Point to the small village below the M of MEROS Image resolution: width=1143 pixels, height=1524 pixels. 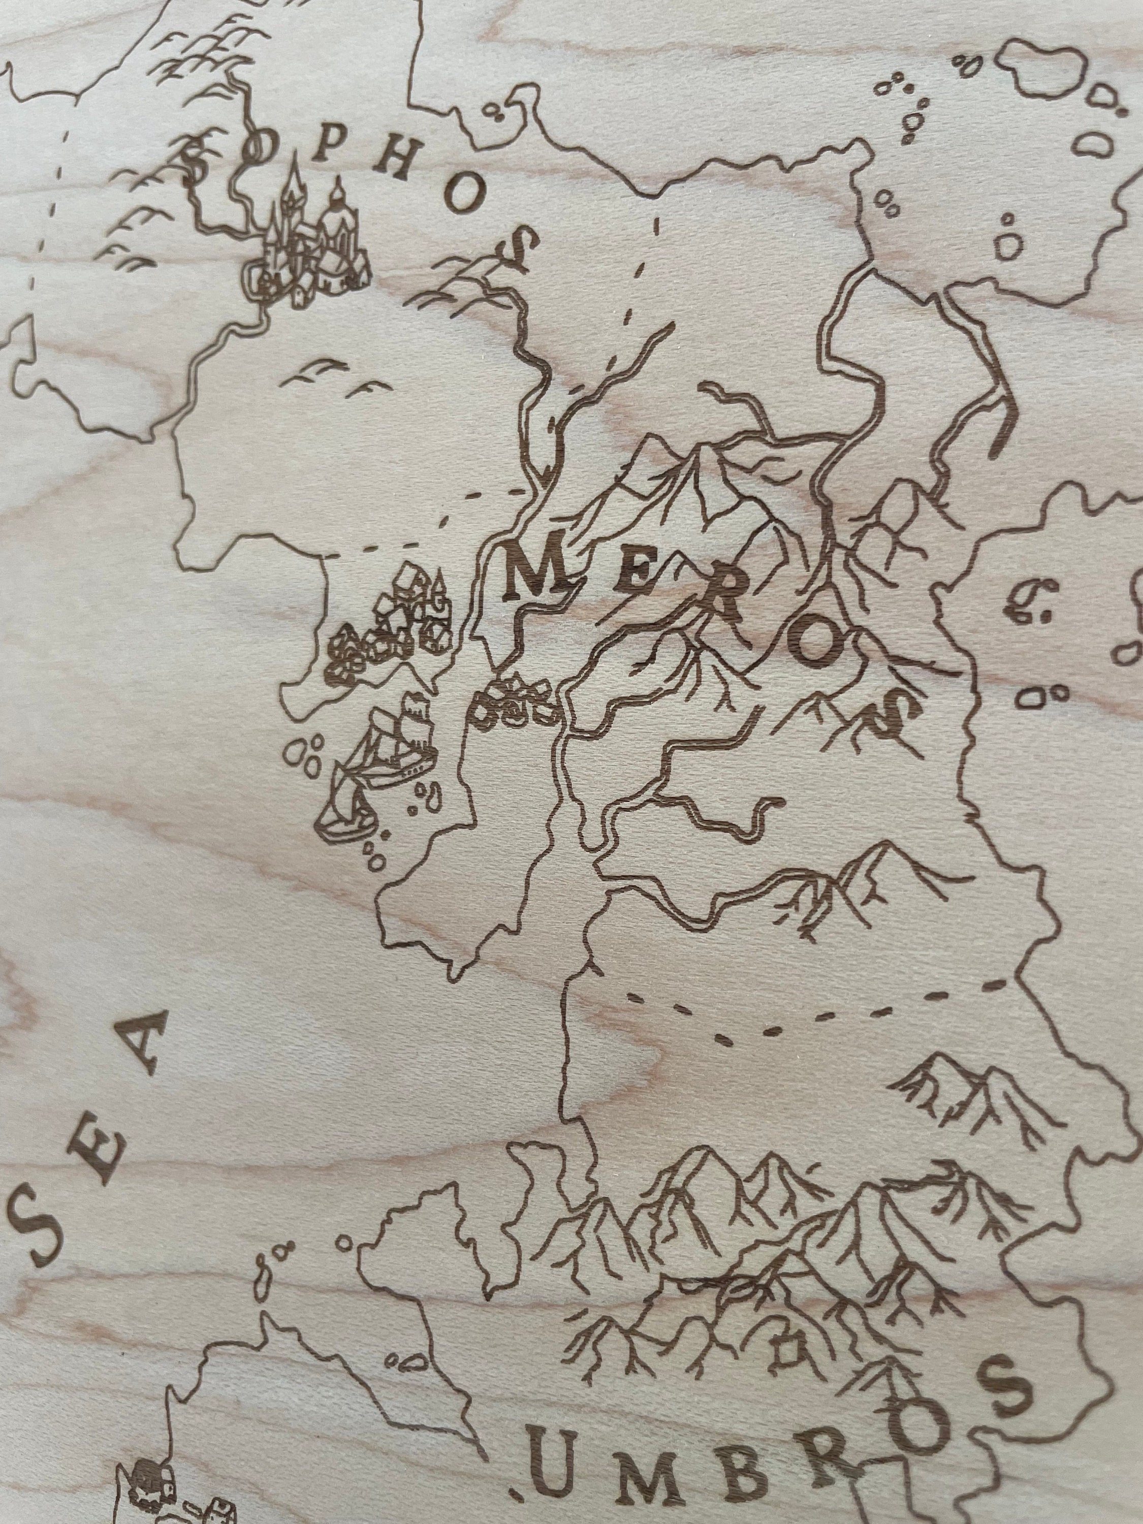[513, 703]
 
